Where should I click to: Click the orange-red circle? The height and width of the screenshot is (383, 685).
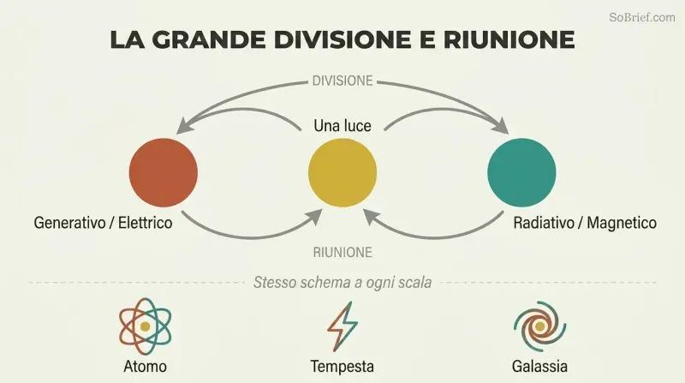pos(164,173)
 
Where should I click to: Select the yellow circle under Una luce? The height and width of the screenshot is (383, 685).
pos(342,173)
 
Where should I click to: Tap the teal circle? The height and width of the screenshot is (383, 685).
pos(521,173)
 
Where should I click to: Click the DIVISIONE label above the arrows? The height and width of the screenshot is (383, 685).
pos(342,81)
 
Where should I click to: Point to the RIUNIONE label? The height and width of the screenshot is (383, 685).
pos(342,252)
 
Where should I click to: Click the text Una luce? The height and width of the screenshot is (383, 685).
pos(342,126)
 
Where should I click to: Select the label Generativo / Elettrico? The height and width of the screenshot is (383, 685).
pos(103,223)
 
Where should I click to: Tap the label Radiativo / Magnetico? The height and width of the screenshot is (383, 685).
pos(585,223)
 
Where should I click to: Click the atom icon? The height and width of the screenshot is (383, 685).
pos(145,326)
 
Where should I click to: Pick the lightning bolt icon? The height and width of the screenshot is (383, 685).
pos(342,326)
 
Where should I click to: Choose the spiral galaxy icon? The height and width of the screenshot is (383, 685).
pos(540,326)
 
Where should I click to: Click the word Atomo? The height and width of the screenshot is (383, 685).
pos(145,367)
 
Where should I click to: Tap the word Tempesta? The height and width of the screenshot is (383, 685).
pos(342,367)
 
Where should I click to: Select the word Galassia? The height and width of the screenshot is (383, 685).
pos(540,367)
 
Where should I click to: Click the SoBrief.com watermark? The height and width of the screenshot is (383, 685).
pos(642,17)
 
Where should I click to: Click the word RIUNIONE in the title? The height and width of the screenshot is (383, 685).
pos(509,39)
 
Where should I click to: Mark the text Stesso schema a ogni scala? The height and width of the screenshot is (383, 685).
pos(342,283)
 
